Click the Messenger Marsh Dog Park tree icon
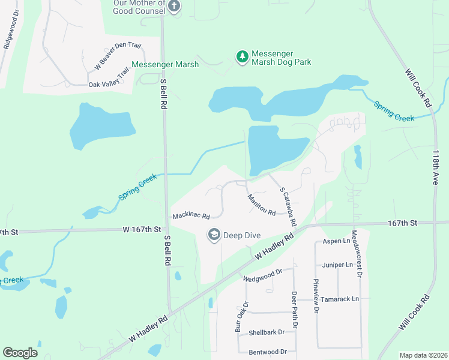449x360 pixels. (243, 57)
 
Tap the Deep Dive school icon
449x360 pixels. (214, 235)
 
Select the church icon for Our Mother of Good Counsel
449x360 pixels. (174, 7)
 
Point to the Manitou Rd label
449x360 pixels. (261, 205)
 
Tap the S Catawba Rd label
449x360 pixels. (288, 206)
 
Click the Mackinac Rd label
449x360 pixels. (191, 215)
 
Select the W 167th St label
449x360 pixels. (142, 229)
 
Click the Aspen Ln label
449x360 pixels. (336, 241)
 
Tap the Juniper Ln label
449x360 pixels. (338, 265)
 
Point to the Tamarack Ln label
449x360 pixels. (339, 299)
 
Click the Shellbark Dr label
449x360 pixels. (266, 332)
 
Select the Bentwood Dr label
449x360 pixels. (263, 352)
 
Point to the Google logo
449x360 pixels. (20, 353)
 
